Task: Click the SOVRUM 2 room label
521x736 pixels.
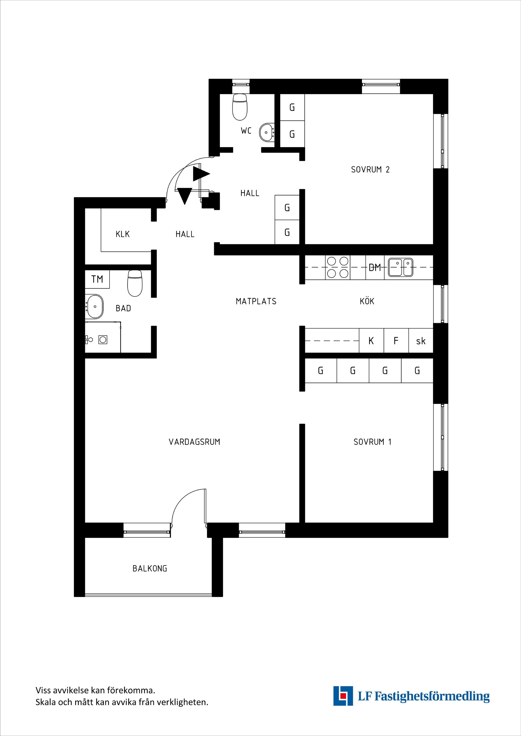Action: tap(370, 170)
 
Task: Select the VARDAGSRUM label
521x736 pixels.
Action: tap(194, 442)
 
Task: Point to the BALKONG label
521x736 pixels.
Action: tap(150, 569)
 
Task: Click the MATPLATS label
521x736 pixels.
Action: tap(256, 301)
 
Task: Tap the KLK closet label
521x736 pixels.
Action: tap(123, 234)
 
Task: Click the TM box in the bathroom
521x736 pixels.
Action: tap(97, 279)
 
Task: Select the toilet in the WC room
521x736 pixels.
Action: tap(240, 107)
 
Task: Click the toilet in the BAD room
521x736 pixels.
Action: tap(135, 283)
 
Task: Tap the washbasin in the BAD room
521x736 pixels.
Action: tap(94, 307)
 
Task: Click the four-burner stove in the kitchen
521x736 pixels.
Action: tap(338, 267)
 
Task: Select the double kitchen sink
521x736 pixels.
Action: tap(400, 267)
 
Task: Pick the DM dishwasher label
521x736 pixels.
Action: tap(375, 267)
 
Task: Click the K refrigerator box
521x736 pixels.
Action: tap(371, 340)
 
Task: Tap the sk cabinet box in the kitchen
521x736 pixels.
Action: tap(421, 340)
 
